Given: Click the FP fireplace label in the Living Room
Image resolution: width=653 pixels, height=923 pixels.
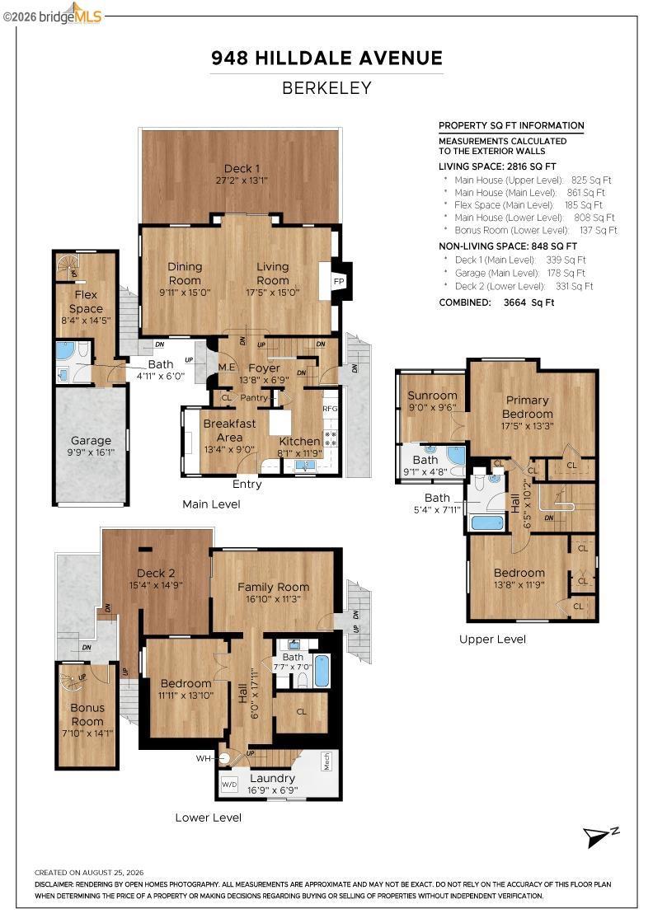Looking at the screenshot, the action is coord(339,281).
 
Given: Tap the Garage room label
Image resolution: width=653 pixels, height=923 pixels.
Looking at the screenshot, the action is coord(91,440).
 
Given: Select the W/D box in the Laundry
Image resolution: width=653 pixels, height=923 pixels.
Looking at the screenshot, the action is coord(229,785).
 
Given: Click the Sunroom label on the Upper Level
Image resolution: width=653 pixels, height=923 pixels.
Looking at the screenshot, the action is coord(432,396).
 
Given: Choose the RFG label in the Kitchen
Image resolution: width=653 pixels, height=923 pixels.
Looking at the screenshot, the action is coord(330,409).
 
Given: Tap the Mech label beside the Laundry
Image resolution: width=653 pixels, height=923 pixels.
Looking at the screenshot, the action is coord(326,761).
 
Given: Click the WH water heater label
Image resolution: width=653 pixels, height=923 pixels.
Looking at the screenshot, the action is coord(203,759).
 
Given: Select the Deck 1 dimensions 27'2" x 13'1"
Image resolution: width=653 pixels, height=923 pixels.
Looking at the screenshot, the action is coord(242,180).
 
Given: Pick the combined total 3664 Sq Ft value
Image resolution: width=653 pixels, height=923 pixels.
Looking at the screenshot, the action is coord(529,302).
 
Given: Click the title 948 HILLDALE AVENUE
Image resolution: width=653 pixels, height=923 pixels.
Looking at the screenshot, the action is coord(326,58).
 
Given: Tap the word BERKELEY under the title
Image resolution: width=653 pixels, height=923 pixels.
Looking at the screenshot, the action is coord(326,87).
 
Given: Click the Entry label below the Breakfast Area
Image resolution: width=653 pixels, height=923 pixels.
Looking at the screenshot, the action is coord(247,484).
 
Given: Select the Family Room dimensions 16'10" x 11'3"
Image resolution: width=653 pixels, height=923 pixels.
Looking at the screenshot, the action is coord(273,599).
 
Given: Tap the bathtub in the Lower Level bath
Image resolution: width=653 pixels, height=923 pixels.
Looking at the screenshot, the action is coord(322,671).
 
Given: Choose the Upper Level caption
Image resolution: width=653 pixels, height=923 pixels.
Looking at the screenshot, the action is coord(493,640).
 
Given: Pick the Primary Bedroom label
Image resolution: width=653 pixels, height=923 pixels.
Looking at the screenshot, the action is coord(527,407).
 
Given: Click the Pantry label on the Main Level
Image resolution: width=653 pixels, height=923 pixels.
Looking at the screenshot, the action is coord(254,398).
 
